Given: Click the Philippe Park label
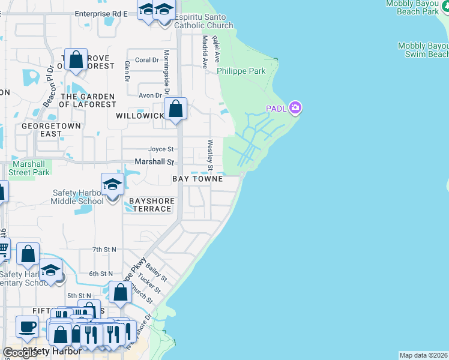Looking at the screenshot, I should pos(241,71).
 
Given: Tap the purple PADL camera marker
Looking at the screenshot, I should pos(295,108).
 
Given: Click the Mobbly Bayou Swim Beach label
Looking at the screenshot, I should pos(423,50).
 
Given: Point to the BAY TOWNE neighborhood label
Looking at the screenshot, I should pos(197,179).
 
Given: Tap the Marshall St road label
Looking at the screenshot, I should pos(154,162).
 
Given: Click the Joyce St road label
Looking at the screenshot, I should pos(161,149).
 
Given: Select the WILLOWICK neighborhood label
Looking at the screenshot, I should pos(139,115).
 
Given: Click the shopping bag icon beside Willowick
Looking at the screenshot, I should pos(175,109).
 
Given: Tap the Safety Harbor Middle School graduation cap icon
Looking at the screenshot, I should pos(112,185).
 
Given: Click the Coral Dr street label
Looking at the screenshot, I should pos(147,60).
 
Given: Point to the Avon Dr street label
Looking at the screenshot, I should pos(150,95).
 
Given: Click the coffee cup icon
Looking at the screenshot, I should pos(27,327).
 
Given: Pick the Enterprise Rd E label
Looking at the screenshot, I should pos(101,13).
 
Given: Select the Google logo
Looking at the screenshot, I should pos(20,353).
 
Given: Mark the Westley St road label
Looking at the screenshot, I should pos(211,154).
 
